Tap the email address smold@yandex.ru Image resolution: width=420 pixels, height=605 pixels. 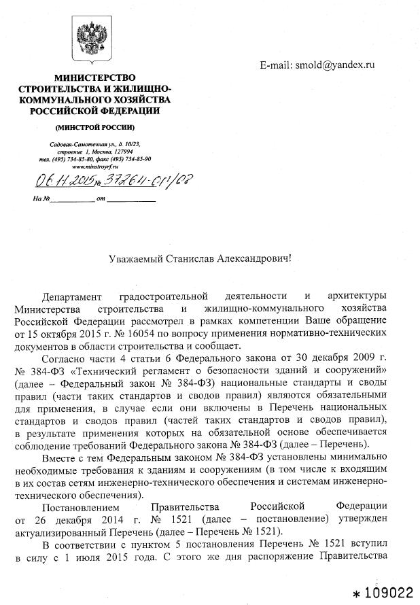334,65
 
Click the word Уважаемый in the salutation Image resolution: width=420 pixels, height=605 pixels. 137,258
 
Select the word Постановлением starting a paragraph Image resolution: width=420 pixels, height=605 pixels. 80,506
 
